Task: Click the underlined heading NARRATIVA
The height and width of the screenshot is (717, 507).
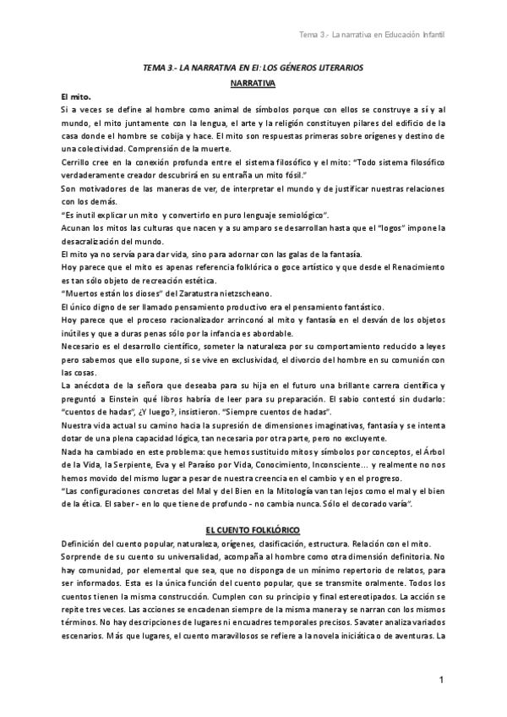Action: point(253,85)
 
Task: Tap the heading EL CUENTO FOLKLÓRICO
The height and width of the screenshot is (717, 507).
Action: point(253,528)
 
